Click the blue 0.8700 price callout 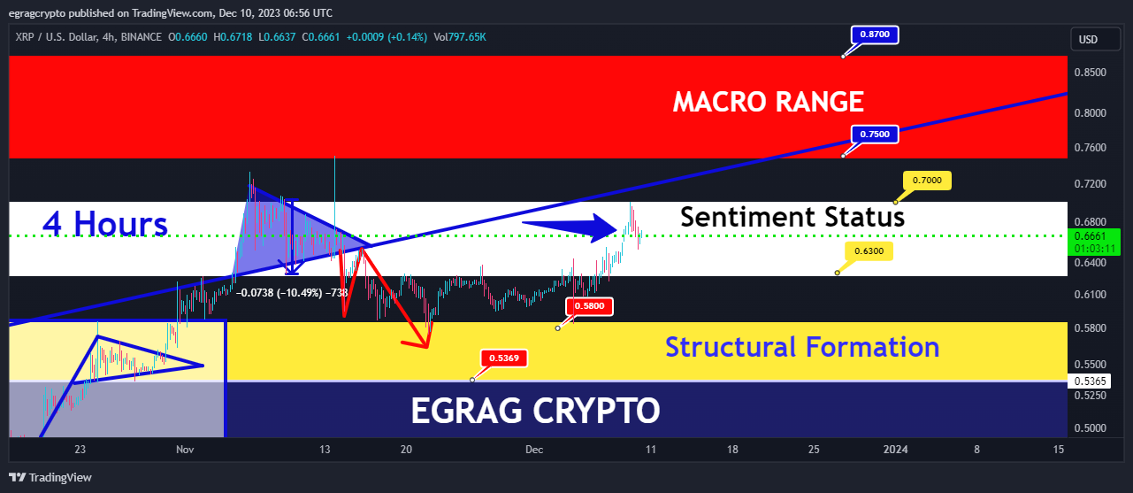[x=875, y=35]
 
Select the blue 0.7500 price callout [x=875, y=135]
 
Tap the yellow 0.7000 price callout [x=927, y=181]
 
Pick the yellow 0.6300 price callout [x=869, y=251]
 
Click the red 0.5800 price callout [x=589, y=306]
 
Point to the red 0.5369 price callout [x=504, y=358]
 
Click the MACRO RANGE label [x=768, y=102]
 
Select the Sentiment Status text [x=792, y=217]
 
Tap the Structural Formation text [x=802, y=347]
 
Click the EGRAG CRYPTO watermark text [x=535, y=411]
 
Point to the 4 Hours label [x=104, y=223]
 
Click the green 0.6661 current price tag [x=1095, y=242]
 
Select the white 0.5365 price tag [x=1089, y=381]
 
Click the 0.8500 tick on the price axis [x=1090, y=73]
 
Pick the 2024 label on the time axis [x=895, y=450]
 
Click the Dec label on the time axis [x=534, y=450]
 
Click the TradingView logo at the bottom [x=50, y=477]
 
